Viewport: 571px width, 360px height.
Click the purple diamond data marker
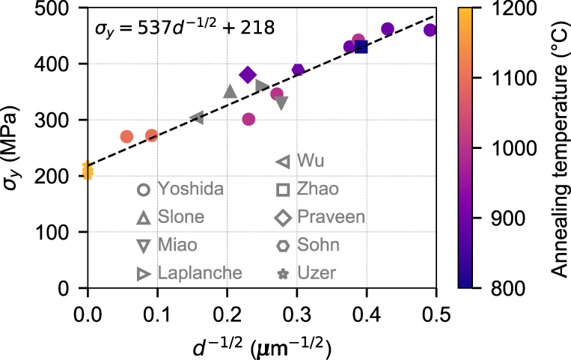(x=248, y=75)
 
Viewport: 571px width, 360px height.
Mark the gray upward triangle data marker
(x=230, y=91)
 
